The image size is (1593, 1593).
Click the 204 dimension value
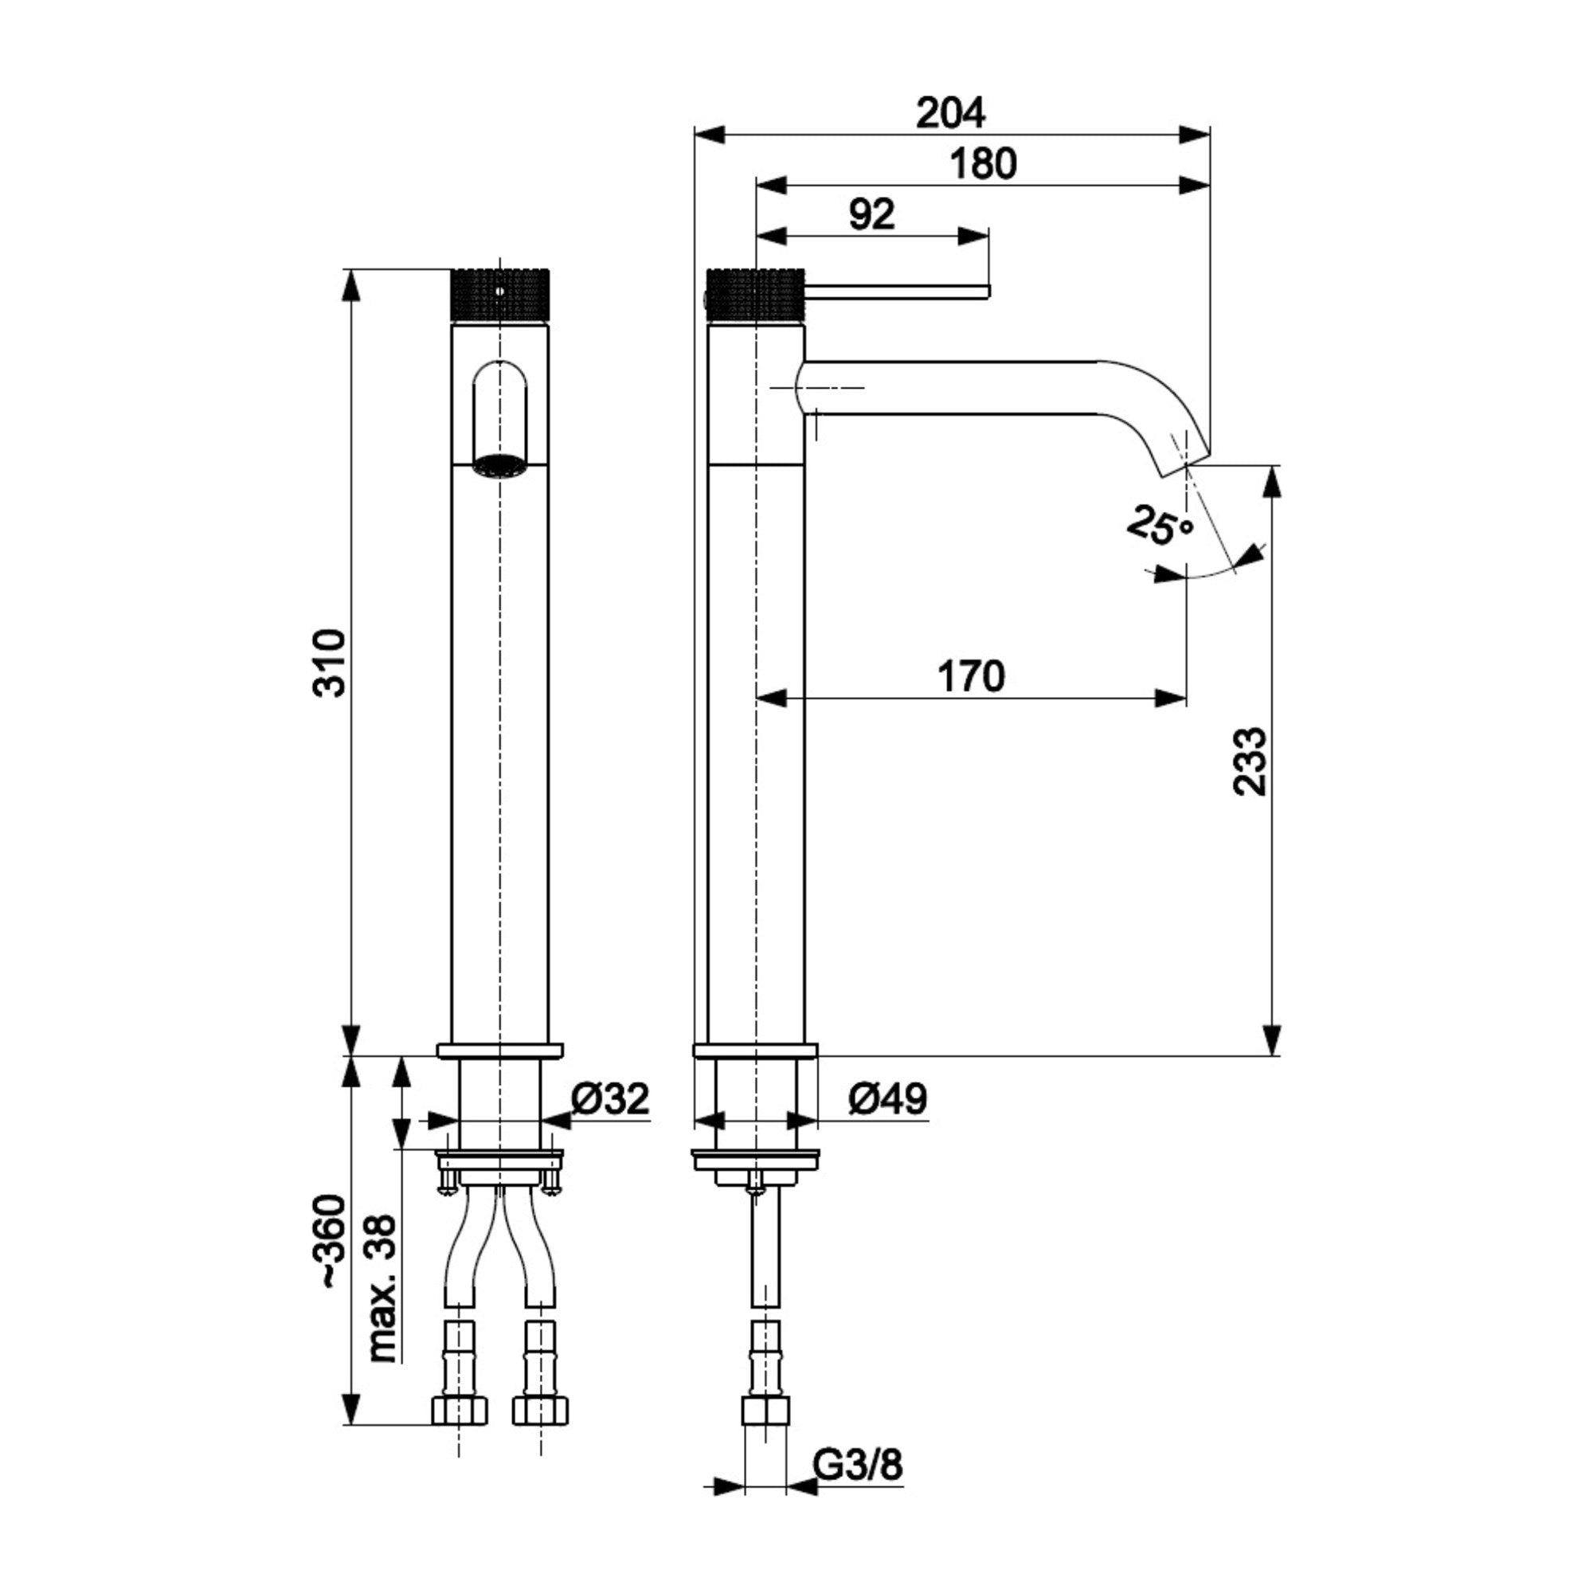[950, 113]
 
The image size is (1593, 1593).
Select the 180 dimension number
[983, 164]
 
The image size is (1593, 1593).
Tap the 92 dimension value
[871, 215]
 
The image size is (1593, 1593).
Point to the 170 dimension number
[971, 676]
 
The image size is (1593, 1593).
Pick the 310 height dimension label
[331, 663]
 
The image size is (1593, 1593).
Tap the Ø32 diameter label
[610, 1098]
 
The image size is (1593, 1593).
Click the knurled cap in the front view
[500, 296]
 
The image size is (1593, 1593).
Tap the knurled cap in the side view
[755, 296]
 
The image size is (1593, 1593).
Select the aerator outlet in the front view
[500, 466]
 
